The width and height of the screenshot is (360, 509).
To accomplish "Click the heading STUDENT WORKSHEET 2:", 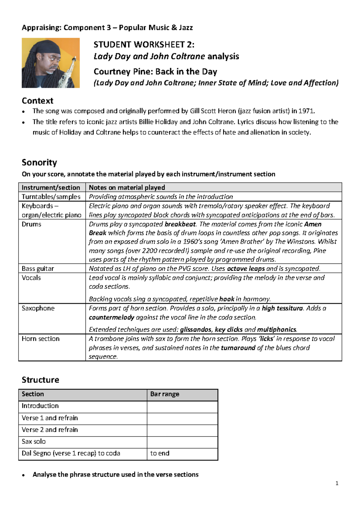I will pos(144,45).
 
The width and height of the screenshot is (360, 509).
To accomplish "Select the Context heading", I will pos(37,101).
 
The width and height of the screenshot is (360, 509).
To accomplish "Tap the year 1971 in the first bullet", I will pos(306,111).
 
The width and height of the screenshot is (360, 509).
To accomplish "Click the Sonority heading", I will pos(39,162).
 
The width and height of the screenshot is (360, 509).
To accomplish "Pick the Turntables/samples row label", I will pos(51,197).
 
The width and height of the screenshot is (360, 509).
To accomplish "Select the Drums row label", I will pos(31,224).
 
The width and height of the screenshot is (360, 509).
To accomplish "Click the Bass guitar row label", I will pos(38,269).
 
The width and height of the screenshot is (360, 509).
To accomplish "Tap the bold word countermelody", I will pos(111,317).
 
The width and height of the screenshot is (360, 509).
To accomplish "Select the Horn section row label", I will pos(40,339).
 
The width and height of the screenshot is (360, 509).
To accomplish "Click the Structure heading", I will pos(40,380).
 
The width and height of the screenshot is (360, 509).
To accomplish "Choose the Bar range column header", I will pos(165,394).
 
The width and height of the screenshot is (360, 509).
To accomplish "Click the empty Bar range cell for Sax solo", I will pos(182,442).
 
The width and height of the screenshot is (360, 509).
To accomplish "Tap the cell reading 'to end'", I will pos(160,453).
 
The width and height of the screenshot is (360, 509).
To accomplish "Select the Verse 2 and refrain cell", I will pos(50,430).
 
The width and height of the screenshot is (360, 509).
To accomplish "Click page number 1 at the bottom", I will pos(337,483).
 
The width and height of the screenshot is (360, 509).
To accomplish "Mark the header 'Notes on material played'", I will pos(127,188).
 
